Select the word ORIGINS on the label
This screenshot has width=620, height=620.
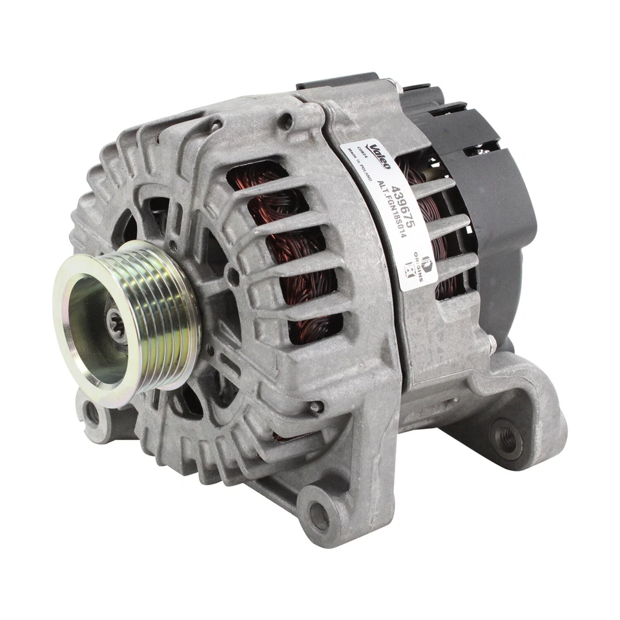[420, 269]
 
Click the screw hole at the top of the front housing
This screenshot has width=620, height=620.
[285, 120]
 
